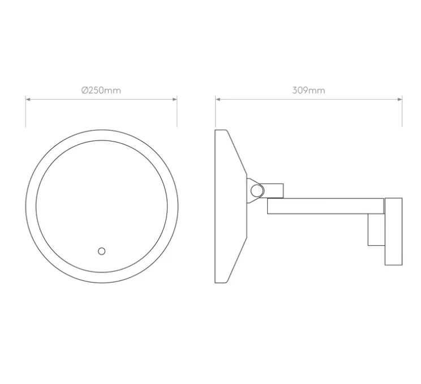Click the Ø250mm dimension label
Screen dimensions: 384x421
[101, 90]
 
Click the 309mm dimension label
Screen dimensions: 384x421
[308, 90]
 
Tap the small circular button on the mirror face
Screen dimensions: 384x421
[102, 250]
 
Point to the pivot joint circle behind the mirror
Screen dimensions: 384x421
[257, 190]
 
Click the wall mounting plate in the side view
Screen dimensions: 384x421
[393, 231]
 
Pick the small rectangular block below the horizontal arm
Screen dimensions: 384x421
[375, 229]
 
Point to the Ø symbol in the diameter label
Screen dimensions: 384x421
[84, 90]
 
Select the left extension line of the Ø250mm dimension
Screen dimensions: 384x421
[25, 113]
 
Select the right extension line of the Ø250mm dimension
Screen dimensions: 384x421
[178, 113]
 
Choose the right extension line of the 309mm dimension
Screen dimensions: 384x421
[402, 113]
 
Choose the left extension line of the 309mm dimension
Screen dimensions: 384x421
[216, 113]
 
